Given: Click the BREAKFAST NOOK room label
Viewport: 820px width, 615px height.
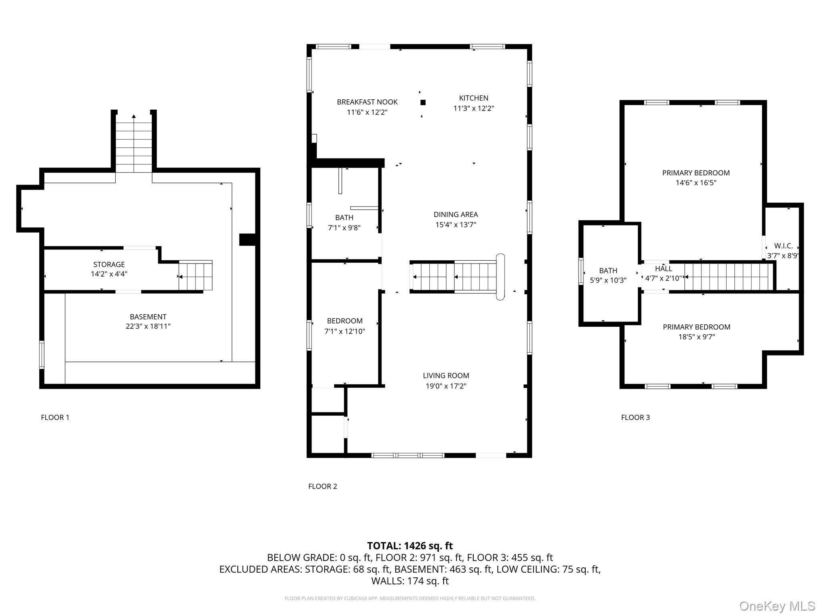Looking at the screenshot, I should pos(367,102).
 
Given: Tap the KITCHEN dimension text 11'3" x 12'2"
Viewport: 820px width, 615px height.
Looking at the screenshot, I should pos(474,109).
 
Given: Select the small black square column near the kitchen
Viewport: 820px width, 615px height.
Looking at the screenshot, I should pos(423,102).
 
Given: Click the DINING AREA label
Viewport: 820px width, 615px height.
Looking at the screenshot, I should pos(456,215).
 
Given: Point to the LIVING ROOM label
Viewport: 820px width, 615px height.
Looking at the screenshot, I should pos(446,376).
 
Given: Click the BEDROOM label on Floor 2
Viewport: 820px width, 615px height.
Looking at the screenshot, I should pos(345,321).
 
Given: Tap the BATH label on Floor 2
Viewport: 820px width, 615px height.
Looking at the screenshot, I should pos(344,218).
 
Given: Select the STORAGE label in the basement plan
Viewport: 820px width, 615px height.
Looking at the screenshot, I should pos(109,265).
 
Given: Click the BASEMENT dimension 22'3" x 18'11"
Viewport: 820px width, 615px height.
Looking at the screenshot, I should pos(148,326).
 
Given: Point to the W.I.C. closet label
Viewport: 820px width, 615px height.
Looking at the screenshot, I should pos(783,246).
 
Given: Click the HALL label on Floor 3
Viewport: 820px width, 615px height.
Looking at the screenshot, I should pos(663,269).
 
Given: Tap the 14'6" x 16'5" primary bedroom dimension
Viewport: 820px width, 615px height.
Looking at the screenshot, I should pos(696,183).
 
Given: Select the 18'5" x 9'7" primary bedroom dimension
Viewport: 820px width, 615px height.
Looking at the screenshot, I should pos(696,337).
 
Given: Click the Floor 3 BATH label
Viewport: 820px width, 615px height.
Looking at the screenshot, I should pos(608,271).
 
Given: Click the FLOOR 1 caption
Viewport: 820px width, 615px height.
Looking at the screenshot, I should pos(55,418).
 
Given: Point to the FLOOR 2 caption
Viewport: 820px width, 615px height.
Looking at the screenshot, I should pos(323,486).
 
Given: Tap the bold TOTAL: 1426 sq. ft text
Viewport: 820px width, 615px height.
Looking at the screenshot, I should pos(410,546).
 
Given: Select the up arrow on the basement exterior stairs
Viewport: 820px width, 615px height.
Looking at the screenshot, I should pos(134,117).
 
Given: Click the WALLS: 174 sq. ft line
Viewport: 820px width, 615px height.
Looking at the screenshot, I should pos(410,581).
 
